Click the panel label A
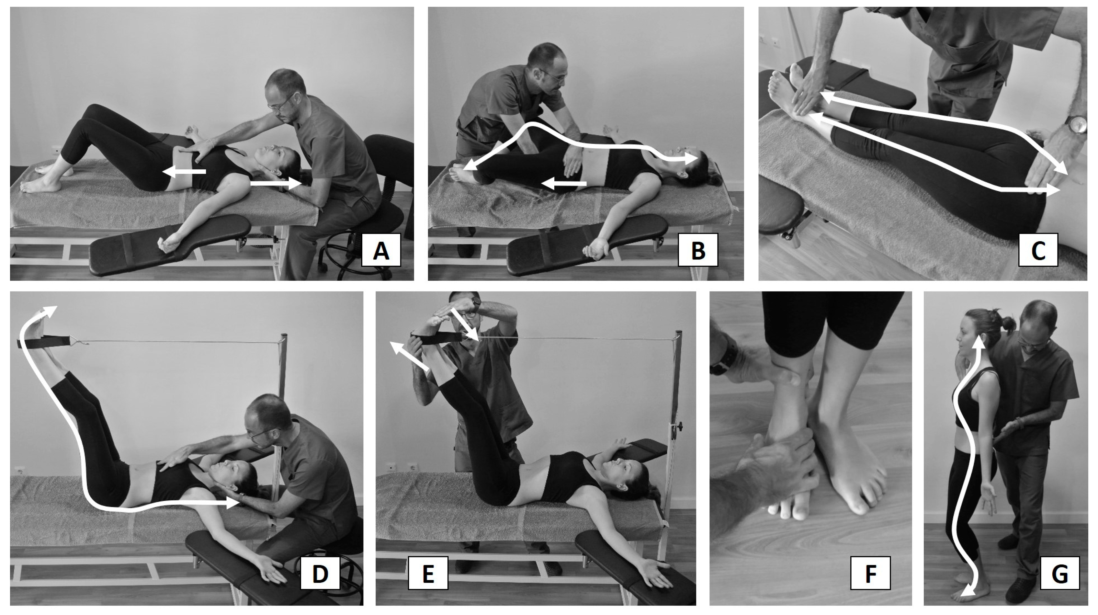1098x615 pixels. [381, 250]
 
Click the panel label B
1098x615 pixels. [698, 250]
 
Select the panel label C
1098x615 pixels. [1038, 250]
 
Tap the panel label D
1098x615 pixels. [320, 573]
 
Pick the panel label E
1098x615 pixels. [428, 573]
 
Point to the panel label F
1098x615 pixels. [870, 573]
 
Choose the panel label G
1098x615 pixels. [1060, 573]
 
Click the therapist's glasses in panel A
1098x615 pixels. [281, 104]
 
